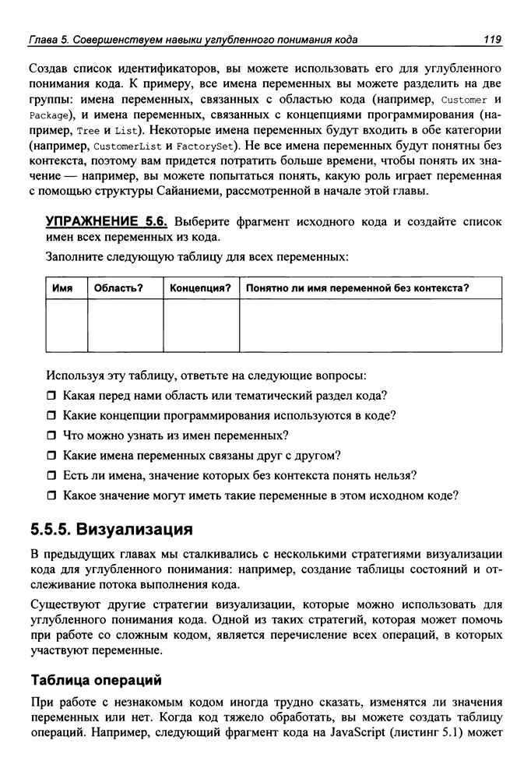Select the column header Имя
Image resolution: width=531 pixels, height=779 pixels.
pyautogui.click(x=62, y=288)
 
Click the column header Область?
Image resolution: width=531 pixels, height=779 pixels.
pyautogui.click(x=118, y=288)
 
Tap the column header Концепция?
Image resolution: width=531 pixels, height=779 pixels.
pyautogui.click(x=200, y=288)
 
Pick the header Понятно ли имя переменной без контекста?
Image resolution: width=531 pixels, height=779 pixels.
pyautogui.click(x=357, y=288)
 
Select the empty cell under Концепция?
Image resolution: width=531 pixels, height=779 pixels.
pyautogui.click(x=201, y=326)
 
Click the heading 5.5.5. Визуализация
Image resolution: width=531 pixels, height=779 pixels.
pyautogui.click(x=111, y=530)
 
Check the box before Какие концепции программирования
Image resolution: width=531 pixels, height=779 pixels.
pyautogui.click(x=52, y=415)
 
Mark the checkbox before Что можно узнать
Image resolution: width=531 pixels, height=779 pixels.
pyautogui.click(x=52, y=435)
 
